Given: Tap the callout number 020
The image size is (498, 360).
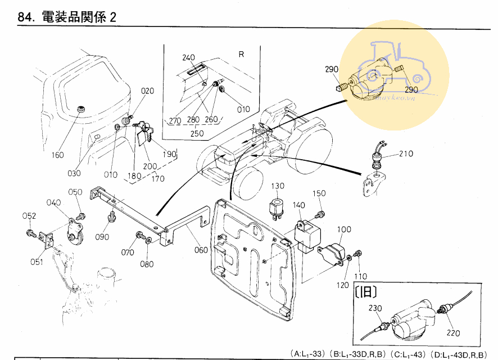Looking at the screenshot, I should tap(147, 91).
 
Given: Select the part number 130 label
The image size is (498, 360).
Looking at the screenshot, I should tap(279, 186).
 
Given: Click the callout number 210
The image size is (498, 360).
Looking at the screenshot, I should tap(406, 153).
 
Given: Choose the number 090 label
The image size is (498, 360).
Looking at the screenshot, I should tap(102, 237).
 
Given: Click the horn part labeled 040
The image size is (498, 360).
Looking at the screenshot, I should tap(75, 232).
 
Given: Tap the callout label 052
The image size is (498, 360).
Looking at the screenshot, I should tap(29, 216).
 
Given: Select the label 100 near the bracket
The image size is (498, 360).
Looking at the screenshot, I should tap(344, 229).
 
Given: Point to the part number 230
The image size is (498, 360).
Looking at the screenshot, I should tap(375, 308).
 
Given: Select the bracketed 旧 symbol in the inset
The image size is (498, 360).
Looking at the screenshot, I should tap(366, 292).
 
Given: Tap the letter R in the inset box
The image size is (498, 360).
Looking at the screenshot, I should tap(241, 55).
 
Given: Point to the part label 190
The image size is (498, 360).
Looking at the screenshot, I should tap(169, 154).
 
